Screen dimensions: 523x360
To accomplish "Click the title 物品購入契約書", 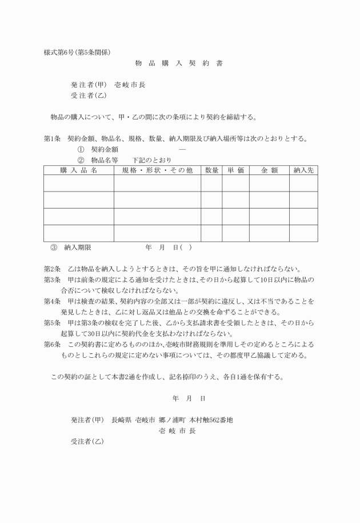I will [x=179, y=63].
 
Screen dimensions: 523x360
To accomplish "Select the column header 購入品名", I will [x=79, y=170].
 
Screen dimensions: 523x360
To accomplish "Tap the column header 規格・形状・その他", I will [x=157, y=170].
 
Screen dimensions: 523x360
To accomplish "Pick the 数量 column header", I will [x=211, y=170].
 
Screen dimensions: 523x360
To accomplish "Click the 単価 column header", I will [x=235, y=170].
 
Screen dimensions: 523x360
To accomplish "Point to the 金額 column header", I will [x=269, y=170].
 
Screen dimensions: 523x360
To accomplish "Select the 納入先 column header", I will [x=303, y=170].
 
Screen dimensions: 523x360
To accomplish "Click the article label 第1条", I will [x=52, y=138].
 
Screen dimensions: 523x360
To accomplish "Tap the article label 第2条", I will [x=52, y=269].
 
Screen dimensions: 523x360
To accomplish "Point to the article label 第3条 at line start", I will [x=52, y=280].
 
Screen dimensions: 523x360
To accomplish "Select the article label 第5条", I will [x=52, y=323].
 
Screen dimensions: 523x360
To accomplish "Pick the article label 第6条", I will [x=52, y=345].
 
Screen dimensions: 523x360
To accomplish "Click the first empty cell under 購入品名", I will [x=79, y=183].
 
